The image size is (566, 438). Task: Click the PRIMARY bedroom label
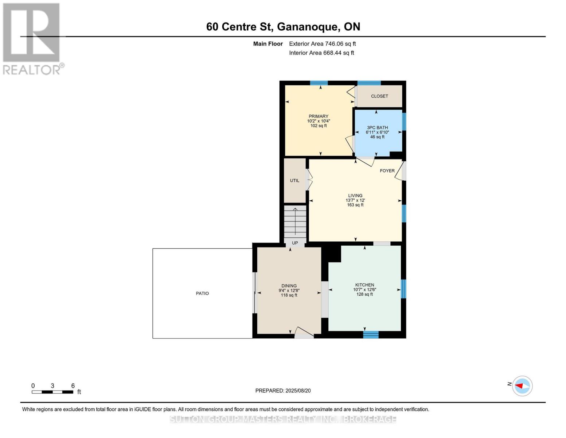coord(318,116)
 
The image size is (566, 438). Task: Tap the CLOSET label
coord(379,96)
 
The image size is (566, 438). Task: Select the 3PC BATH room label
coord(377,128)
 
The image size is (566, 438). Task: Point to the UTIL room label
coord(294,181)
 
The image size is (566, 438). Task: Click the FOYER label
coord(387,171)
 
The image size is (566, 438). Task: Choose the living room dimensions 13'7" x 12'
coord(355,200)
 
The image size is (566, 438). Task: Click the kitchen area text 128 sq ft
coord(364,295)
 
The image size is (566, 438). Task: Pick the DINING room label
coord(289,286)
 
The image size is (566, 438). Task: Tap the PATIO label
coord(202,293)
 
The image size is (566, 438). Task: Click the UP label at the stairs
coord(295,243)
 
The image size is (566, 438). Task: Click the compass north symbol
coord(522,386)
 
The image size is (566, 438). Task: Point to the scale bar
coord(52,392)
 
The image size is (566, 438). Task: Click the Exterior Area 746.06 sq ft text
coord(322,44)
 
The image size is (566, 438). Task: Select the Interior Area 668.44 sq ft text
coord(321,53)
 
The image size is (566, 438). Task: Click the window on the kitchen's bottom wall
coord(371,335)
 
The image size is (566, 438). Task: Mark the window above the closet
coord(369,83)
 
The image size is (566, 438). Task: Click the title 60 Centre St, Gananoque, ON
coord(283,27)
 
